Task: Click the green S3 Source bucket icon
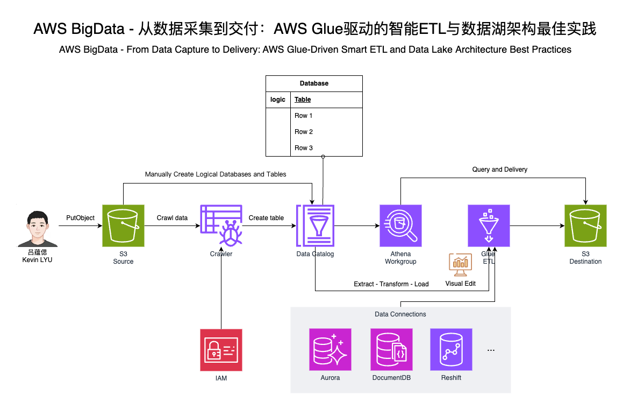pos(123,225)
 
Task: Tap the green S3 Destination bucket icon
pos(585,225)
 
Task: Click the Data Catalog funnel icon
pos(315,225)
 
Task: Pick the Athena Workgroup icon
pos(400,225)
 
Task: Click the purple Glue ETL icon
pos(489,225)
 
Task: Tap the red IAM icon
pos(221,350)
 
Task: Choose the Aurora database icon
pos(330,350)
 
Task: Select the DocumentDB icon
pos(391,350)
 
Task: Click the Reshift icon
pos(451,350)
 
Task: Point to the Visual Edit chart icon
pos(461,265)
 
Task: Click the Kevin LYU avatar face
pos(35,229)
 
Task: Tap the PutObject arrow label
pos(80,218)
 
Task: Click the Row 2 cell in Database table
pos(303,132)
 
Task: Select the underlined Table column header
pos(303,100)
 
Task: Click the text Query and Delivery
pos(499,170)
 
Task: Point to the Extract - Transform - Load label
pos(391,284)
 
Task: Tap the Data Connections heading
pos(400,314)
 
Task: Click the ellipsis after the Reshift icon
pos(490,350)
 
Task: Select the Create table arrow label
pos(266,218)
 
